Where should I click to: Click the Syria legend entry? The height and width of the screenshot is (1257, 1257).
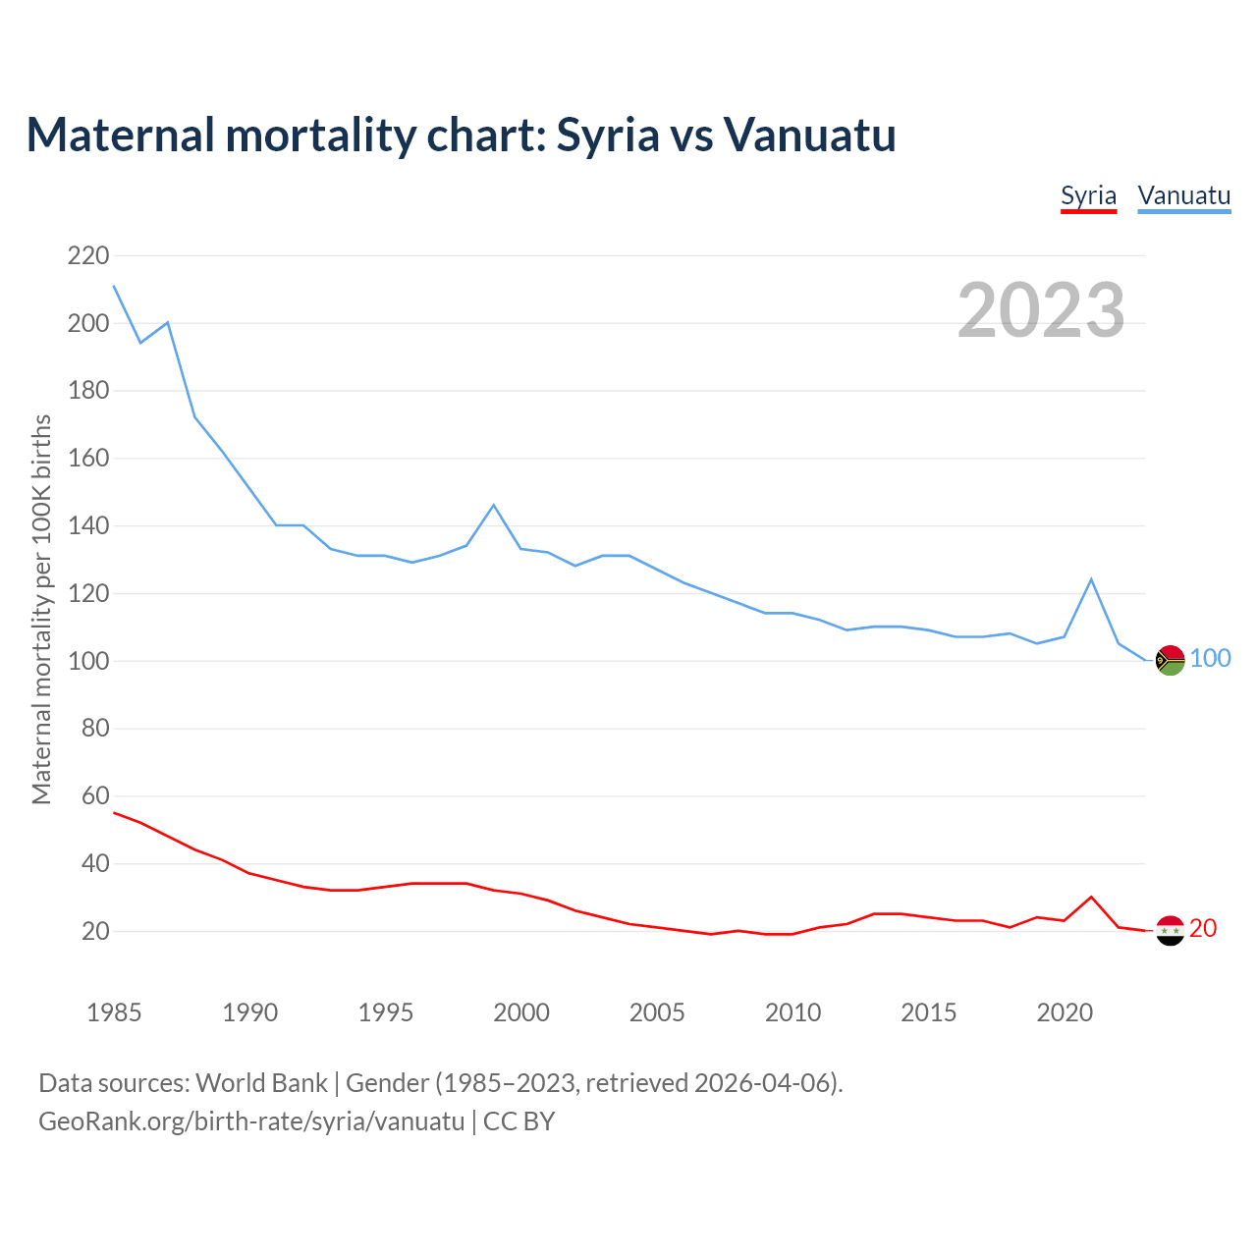tap(1088, 195)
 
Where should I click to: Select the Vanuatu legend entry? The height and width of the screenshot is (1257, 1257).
tap(1183, 195)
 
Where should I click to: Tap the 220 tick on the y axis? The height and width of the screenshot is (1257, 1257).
tap(88, 256)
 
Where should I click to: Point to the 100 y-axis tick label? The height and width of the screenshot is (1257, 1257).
tap(88, 661)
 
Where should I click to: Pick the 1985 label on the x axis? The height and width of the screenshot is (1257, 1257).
tap(114, 1012)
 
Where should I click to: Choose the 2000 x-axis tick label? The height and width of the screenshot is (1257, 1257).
tap(521, 1012)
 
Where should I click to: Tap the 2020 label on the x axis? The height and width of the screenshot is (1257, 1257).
tap(1065, 1012)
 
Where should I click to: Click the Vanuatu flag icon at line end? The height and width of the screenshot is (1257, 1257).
tap(1170, 661)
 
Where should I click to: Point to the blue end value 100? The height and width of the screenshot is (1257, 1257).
tap(1211, 659)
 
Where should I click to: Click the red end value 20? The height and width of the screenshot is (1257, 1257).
tap(1203, 928)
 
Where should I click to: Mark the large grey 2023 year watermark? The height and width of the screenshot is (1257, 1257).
tap(1041, 310)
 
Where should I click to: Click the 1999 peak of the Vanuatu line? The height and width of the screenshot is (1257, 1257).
tap(494, 505)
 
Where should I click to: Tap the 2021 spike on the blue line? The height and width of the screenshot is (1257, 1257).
tap(1091, 579)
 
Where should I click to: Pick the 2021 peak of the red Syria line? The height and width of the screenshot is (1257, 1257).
tap(1091, 897)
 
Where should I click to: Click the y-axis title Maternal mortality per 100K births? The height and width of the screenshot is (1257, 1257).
tap(41, 609)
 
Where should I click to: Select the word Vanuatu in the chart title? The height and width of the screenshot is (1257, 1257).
tap(809, 135)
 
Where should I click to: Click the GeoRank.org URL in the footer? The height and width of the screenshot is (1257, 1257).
tap(251, 1121)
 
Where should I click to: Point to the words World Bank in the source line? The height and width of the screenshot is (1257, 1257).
tap(261, 1083)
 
